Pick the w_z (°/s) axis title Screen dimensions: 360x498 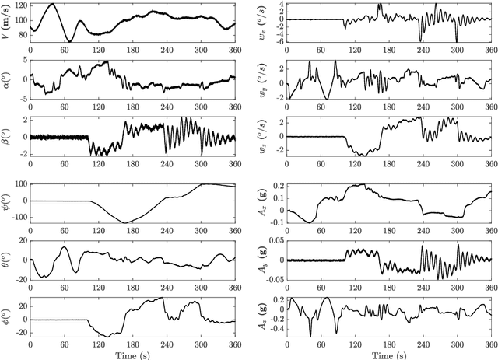[x=264, y=137]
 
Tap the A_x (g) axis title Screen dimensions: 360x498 [x=264, y=203]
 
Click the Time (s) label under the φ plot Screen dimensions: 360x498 [x=132, y=353]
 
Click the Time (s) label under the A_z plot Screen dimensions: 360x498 [x=389, y=353]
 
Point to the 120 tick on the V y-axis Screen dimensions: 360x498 [x=19, y=5]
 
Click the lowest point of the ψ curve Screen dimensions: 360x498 [x=124, y=223]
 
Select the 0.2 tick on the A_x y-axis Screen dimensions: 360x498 [x=276, y=187]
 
